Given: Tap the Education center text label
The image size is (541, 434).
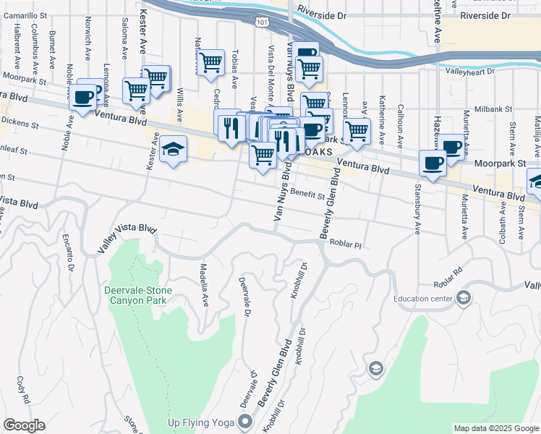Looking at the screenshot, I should (423, 298).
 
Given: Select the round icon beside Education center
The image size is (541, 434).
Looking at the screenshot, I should (464, 297).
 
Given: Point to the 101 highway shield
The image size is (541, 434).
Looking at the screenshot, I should (260, 24).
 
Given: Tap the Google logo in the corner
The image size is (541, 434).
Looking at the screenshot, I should (24, 425).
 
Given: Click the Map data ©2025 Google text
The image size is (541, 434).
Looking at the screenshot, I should (495, 429).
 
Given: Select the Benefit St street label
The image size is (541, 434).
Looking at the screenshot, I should (308, 192).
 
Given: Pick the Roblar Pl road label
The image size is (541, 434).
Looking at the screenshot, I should (345, 245).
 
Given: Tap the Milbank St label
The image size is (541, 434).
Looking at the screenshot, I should (493, 109).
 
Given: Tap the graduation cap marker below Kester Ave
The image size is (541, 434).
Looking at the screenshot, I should (171, 150).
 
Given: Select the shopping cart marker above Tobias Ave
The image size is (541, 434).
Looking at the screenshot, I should (210, 62).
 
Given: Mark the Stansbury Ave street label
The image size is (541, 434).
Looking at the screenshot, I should (417, 210).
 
